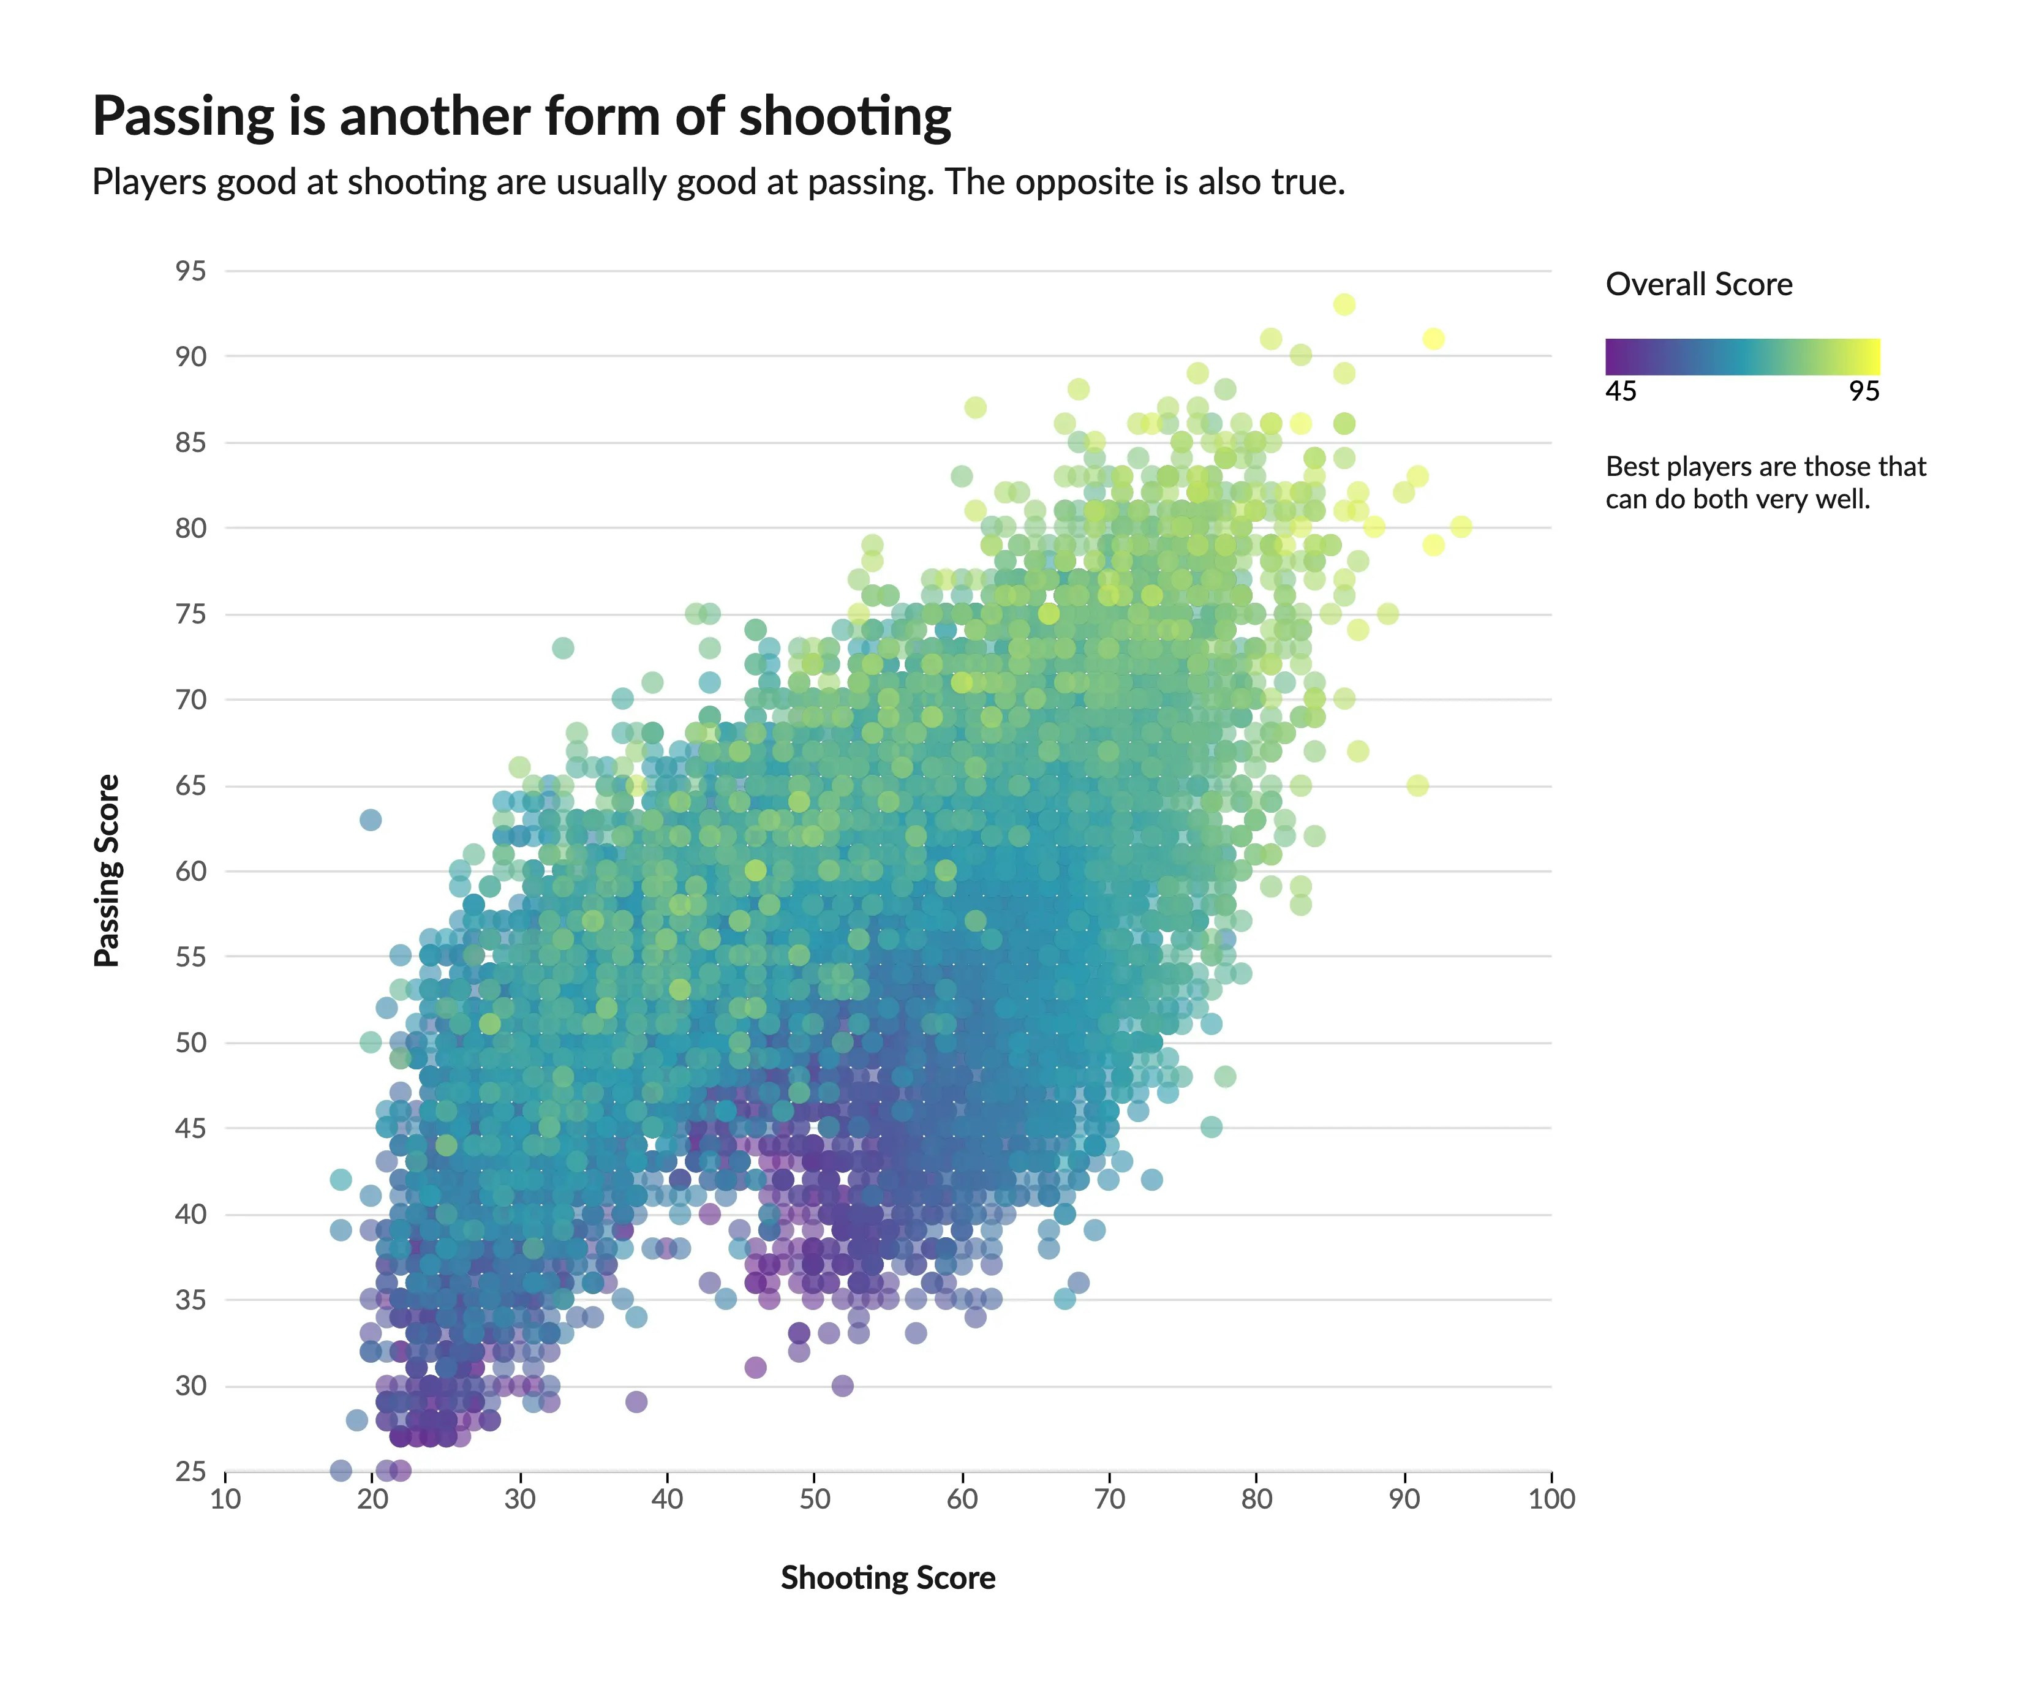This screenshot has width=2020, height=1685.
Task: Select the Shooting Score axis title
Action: point(887,1577)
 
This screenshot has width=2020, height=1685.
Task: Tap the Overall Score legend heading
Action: point(1698,285)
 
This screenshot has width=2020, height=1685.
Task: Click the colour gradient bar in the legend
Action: point(1741,356)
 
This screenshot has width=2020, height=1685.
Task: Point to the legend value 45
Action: point(1620,391)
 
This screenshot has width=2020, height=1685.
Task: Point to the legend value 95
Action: point(1863,391)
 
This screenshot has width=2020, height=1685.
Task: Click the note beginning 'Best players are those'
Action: point(1765,483)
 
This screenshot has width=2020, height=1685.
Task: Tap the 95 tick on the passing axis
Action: point(190,271)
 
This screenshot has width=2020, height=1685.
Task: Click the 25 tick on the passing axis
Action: point(190,1471)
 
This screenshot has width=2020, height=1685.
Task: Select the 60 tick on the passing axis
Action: point(190,872)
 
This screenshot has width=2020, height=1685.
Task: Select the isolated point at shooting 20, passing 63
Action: point(371,820)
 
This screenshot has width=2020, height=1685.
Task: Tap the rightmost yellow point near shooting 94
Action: point(1460,526)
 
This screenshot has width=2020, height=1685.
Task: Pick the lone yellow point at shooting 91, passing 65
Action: point(1417,785)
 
